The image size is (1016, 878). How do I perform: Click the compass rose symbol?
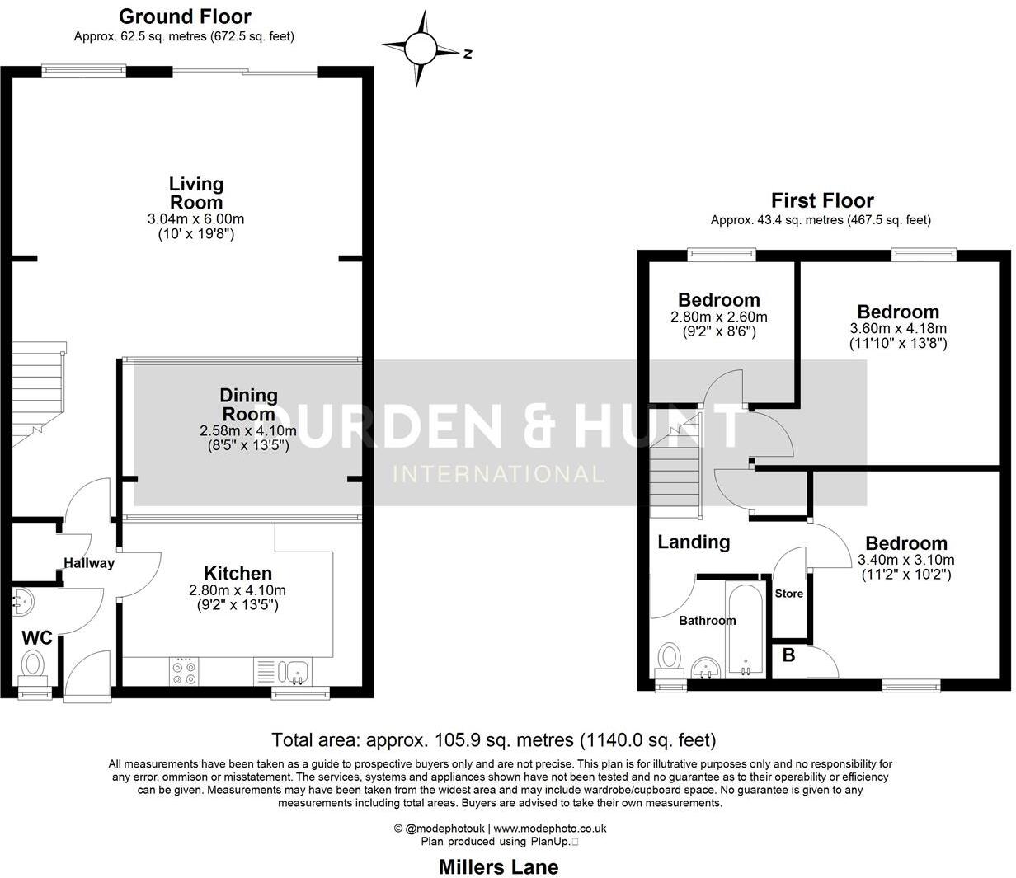(x=421, y=48)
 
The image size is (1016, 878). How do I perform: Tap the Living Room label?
(x=196, y=193)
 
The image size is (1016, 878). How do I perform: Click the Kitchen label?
(x=238, y=573)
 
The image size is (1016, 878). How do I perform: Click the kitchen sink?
(x=294, y=672)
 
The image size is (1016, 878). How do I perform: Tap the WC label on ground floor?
(x=37, y=637)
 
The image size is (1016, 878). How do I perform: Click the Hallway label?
(x=89, y=563)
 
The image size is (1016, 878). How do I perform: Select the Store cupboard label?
(x=789, y=593)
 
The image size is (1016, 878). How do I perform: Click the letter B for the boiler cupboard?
(x=788, y=656)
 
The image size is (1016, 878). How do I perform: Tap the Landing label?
(x=694, y=542)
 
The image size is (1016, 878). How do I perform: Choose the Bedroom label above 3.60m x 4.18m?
(x=898, y=312)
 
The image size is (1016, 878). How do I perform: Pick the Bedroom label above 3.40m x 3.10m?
(x=905, y=543)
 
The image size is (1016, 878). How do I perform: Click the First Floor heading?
(x=821, y=200)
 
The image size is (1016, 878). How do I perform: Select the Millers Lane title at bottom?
(x=498, y=866)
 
